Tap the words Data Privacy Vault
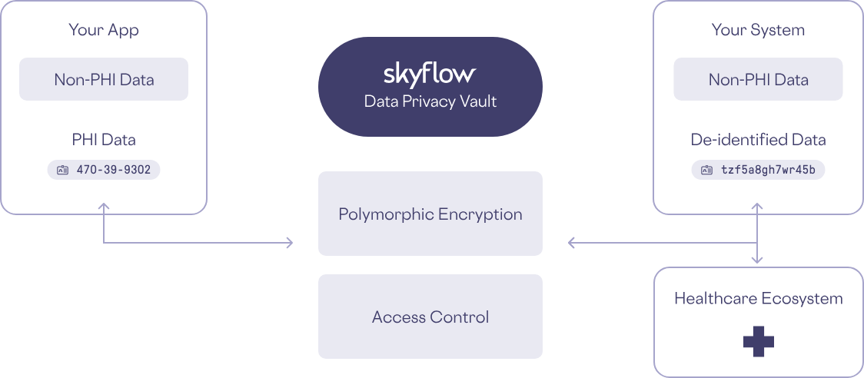click(x=430, y=101)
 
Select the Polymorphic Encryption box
click(x=430, y=214)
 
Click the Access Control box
click(x=430, y=317)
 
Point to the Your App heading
click(x=104, y=30)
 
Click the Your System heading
click(x=758, y=30)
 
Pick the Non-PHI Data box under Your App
click(x=104, y=79)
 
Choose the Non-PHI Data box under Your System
click(x=758, y=79)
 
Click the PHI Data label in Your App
click(x=104, y=139)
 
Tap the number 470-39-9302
click(x=114, y=170)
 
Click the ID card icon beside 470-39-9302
click(x=62, y=170)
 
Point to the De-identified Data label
click(x=758, y=139)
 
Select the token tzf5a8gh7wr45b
click(x=768, y=170)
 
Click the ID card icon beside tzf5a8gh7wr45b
click(x=706, y=170)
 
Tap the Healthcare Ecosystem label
click(x=758, y=299)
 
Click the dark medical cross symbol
click(x=758, y=341)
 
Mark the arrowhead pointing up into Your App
click(x=104, y=206)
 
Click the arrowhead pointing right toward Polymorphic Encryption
click(x=289, y=243)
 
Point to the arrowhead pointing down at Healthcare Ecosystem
click(x=758, y=260)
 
